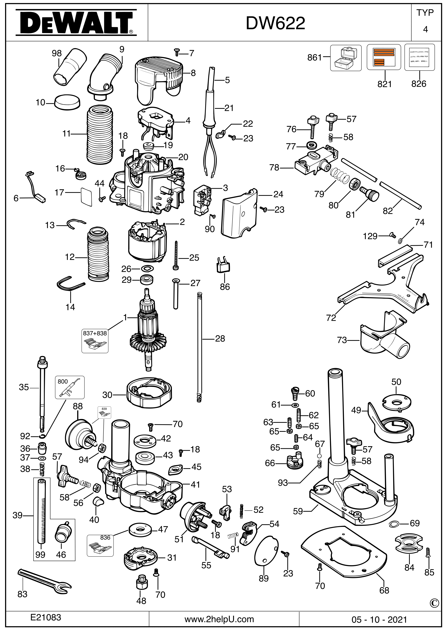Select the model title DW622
point(275,24)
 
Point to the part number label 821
point(384,84)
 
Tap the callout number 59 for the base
point(298,511)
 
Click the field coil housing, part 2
point(148,242)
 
